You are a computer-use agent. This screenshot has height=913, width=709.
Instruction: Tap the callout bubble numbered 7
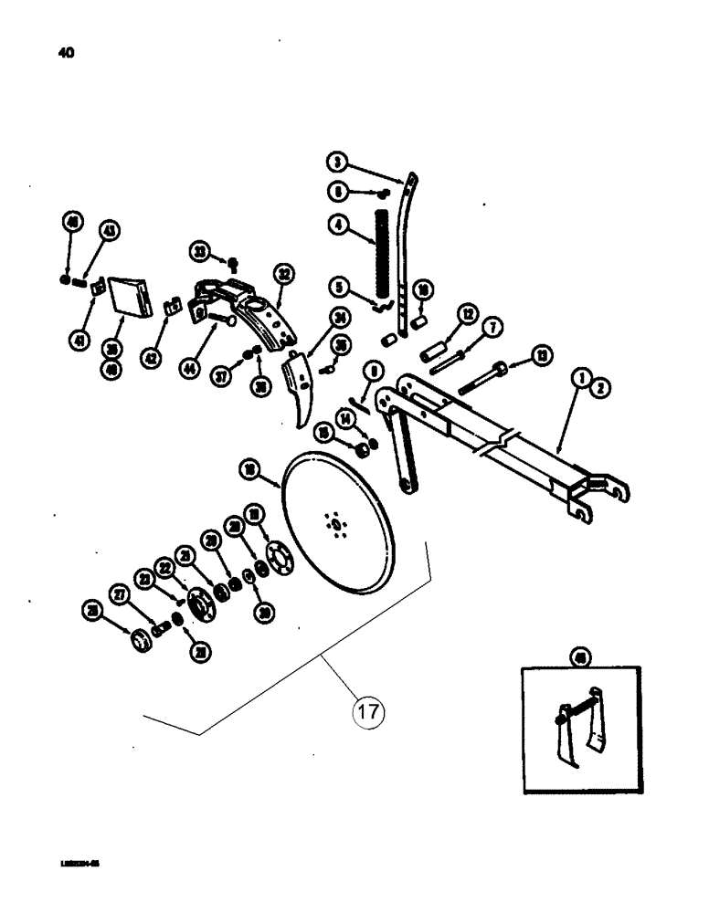492,326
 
